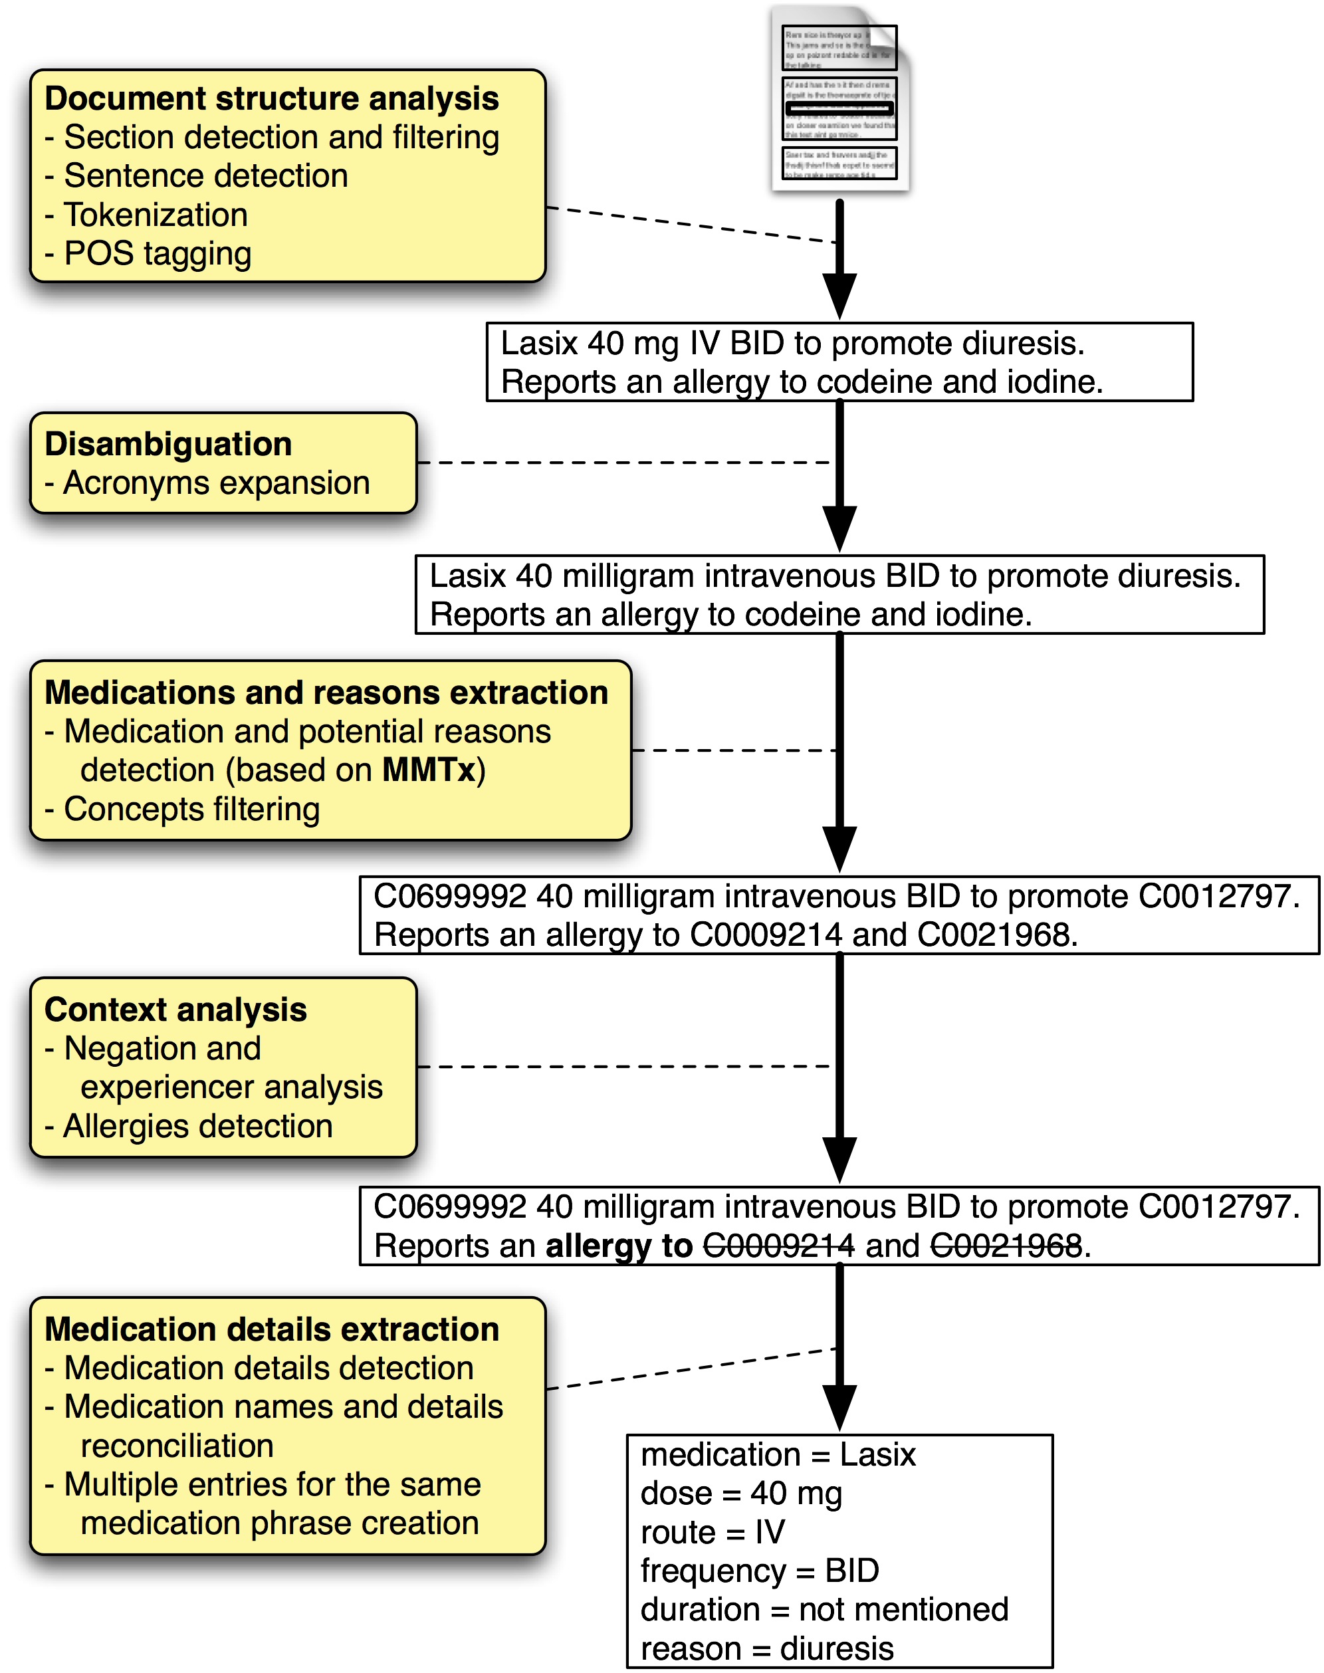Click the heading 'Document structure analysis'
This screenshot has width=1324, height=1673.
(271, 98)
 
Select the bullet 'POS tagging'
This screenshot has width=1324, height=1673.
(158, 253)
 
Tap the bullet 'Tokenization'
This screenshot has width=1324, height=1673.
(155, 215)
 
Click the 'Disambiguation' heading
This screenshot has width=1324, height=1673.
(168, 444)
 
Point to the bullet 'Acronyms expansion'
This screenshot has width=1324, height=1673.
(216, 483)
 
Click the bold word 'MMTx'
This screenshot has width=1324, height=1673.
(429, 770)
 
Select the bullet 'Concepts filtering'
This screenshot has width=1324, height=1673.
(191, 809)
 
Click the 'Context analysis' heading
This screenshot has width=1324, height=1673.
(176, 1010)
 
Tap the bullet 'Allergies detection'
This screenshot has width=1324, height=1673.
(197, 1126)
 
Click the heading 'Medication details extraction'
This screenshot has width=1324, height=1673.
(271, 1329)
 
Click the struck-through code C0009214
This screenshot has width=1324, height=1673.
(778, 1246)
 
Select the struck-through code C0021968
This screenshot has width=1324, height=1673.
(1006, 1246)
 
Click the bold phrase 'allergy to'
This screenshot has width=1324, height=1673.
(618, 1246)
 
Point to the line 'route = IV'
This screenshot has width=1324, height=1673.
(713, 1532)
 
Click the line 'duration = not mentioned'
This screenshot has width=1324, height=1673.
(824, 1609)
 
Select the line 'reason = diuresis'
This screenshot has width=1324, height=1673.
(766, 1648)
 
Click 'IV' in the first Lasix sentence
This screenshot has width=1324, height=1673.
(705, 344)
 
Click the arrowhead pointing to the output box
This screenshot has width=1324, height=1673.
(839, 1407)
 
